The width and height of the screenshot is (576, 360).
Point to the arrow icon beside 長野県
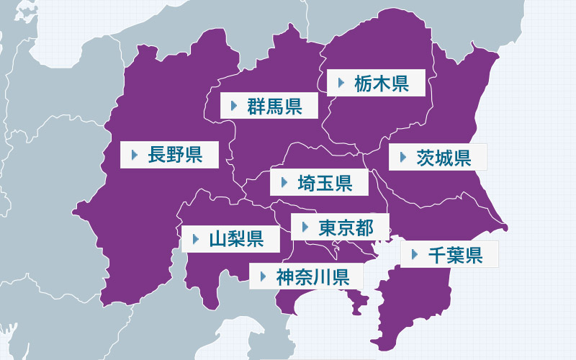pyautogui.click(x=134, y=155)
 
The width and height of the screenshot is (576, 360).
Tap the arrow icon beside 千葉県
pyautogui.click(x=414, y=254)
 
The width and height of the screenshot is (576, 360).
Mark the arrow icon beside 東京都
pyautogui.click(x=305, y=228)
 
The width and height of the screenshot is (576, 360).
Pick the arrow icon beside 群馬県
pyautogui.click(x=234, y=106)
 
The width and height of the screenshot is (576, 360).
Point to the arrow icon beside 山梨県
pyautogui.click(x=195, y=238)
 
